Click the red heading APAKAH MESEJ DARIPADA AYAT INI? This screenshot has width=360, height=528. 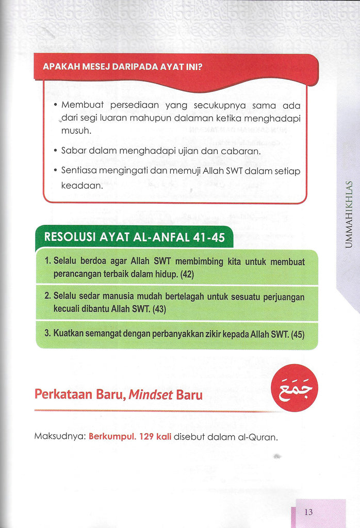(122, 67)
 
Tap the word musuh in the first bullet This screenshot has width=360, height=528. (76, 131)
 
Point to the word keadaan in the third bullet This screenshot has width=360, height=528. (82, 185)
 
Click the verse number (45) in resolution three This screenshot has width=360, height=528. (298, 334)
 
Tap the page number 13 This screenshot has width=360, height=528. (308, 512)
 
